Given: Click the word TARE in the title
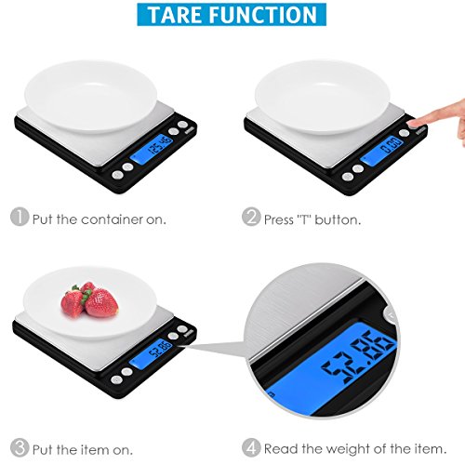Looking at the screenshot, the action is click(x=179, y=15).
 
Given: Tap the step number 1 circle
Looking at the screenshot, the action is click(x=20, y=217).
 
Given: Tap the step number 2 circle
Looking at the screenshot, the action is click(x=251, y=217).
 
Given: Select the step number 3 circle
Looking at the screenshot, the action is click(x=20, y=447).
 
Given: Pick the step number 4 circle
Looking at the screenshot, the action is click(x=251, y=447).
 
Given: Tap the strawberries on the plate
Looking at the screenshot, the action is click(x=89, y=299).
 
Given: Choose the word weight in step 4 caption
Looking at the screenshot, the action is click(x=349, y=448).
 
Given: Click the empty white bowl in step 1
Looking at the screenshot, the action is click(x=90, y=97).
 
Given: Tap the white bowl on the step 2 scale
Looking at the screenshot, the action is click(x=323, y=97).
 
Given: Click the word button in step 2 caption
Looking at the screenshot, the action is click(x=338, y=219).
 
